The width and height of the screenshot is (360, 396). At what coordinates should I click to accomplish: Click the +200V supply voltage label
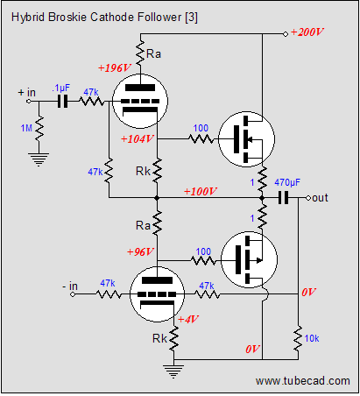point(307,32)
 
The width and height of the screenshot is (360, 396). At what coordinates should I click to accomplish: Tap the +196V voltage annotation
point(115,68)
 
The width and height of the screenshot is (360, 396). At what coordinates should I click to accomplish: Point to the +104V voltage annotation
point(138,138)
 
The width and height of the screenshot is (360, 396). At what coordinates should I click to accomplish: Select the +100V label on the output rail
point(201,191)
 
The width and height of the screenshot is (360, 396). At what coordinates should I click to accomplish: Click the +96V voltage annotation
point(140,251)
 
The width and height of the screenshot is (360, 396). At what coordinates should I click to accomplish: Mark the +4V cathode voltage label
point(188,319)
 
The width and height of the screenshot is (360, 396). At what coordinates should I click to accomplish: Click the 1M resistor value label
point(26,128)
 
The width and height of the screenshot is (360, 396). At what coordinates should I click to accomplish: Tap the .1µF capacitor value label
point(61,88)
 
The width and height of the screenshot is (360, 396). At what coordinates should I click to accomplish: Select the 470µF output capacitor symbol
point(283,198)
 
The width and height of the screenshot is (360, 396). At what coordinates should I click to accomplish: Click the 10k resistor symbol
point(298,339)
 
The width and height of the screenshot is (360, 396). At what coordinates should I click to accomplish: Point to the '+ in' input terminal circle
point(29,102)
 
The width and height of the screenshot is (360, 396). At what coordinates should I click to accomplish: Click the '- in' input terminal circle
point(73,294)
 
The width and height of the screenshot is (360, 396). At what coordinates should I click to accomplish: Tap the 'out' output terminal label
point(320,198)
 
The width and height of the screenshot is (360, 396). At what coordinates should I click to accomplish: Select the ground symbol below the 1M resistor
point(39,159)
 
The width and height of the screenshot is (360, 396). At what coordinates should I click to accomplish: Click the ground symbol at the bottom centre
point(173,371)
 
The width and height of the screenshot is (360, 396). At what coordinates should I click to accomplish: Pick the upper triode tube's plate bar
point(140,88)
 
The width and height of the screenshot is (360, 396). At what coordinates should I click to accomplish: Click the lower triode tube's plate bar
point(157,280)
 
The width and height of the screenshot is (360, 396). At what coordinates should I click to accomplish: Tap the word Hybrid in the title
point(28,18)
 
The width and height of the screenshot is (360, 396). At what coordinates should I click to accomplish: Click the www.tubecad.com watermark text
point(303,381)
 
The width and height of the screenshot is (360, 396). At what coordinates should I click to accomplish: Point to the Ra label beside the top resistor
point(153,54)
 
